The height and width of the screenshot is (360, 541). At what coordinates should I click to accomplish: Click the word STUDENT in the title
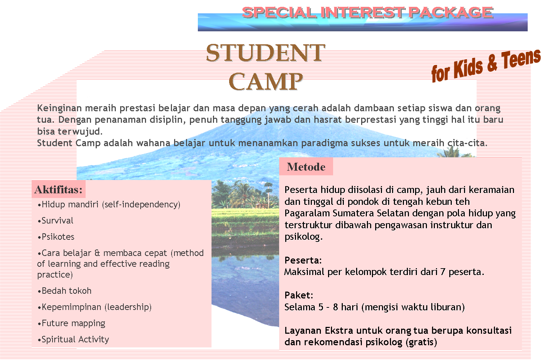(265, 53)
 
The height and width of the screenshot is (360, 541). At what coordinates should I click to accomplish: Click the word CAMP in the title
(265, 81)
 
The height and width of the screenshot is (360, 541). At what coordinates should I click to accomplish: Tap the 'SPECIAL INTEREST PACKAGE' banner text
(367, 13)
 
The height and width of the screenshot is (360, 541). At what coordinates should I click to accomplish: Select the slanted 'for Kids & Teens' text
(486, 65)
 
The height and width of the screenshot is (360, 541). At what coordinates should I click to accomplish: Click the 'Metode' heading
(306, 167)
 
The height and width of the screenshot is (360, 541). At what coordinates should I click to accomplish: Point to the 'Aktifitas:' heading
(59, 190)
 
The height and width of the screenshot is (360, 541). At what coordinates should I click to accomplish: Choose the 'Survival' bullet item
(57, 220)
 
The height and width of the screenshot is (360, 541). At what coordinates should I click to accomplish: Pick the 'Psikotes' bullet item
(58, 237)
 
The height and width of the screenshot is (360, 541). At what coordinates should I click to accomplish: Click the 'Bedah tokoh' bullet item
(67, 291)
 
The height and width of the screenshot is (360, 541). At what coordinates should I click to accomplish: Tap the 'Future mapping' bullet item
(73, 323)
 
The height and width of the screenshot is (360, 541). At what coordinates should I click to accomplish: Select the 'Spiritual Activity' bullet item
(75, 339)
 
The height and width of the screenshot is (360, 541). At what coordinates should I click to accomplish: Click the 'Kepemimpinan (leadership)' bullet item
(96, 307)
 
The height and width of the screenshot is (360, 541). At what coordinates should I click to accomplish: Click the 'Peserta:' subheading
(303, 260)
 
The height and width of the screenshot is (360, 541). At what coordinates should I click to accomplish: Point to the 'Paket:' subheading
(299, 295)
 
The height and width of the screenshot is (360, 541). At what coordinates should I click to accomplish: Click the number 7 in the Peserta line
(443, 271)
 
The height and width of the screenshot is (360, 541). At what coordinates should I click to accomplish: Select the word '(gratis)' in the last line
(421, 342)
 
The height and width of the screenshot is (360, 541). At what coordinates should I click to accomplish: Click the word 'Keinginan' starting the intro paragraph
(59, 108)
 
